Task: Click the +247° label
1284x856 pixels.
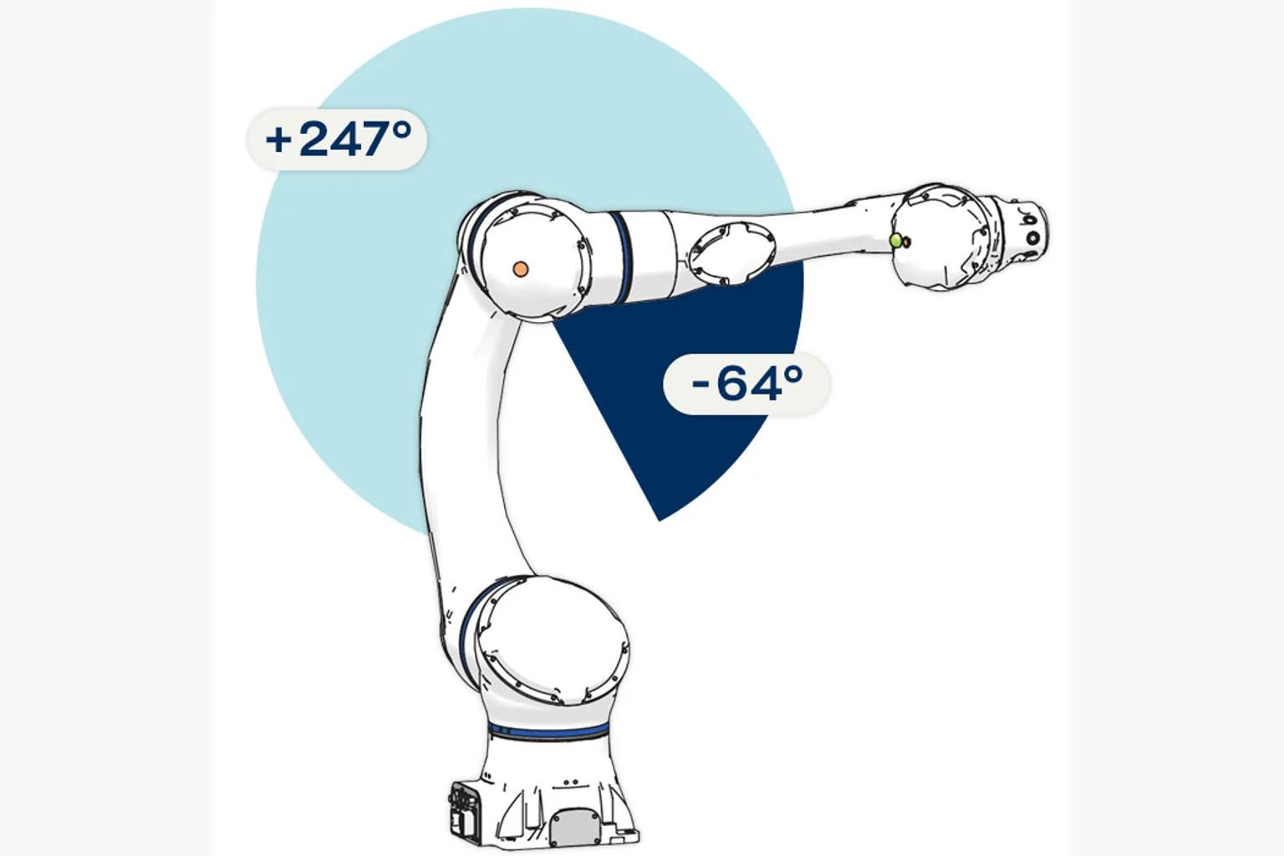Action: coord(338,140)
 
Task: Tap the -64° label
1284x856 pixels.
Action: coord(746,384)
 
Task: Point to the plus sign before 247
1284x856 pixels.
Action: coord(278,140)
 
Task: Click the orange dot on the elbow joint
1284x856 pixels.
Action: coord(521,269)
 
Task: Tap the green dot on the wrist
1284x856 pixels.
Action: coord(895,241)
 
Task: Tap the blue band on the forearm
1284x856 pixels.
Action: coord(622,257)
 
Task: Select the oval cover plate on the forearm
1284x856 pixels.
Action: coord(732,252)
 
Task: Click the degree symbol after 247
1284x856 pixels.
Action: coord(403,130)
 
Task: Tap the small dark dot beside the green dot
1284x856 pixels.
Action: coord(906,242)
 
